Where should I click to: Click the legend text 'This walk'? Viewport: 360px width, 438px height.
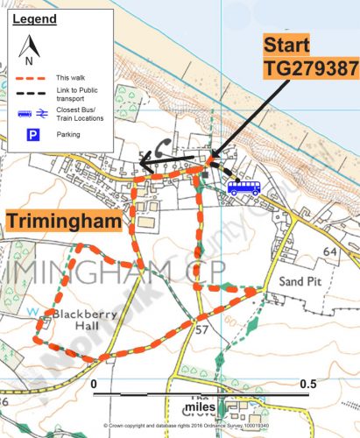(x=67, y=79)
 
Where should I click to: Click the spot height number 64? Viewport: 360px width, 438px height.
(x=329, y=252)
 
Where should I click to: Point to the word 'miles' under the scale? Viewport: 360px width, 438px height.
(x=201, y=407)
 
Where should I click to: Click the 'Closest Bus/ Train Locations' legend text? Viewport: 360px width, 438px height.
(x=77, y=116)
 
